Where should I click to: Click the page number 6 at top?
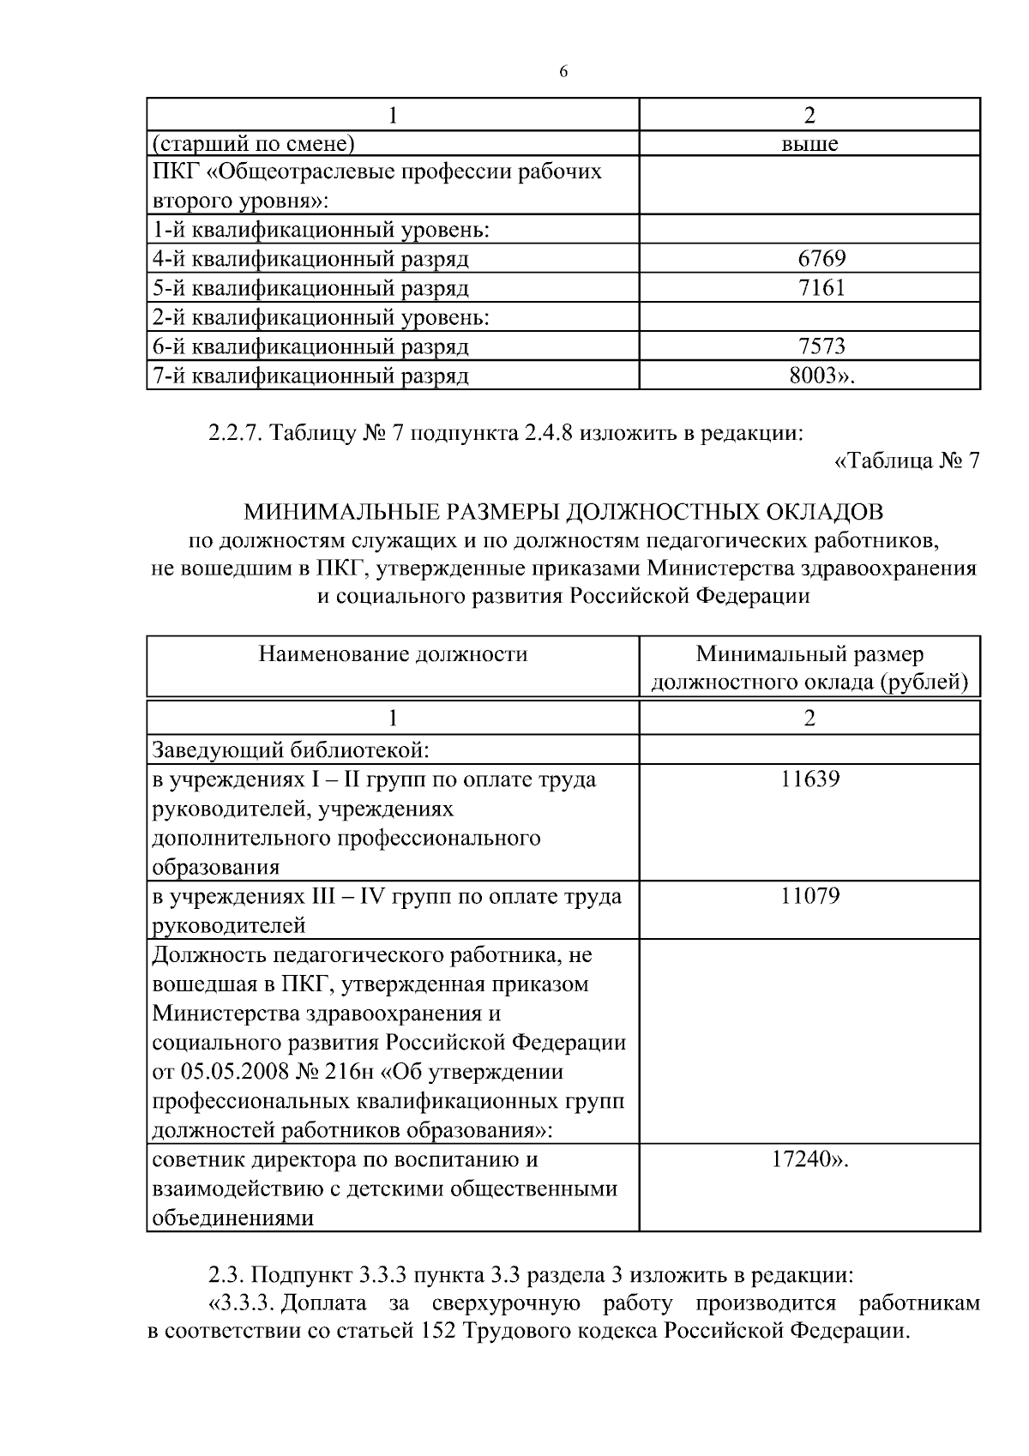point(563,72)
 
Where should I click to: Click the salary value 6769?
point(821,258)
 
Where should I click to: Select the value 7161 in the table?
point(821,287)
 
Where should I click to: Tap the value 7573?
point(821,346)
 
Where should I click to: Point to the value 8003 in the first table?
point(814,376)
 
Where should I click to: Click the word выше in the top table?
point(809,143)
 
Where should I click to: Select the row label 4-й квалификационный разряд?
point(310,258)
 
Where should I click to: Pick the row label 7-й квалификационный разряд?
point(310,376)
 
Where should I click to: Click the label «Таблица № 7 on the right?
point(906,461)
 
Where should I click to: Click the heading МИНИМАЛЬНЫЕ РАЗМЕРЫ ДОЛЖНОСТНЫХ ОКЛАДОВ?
point(563,512)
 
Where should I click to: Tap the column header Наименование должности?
point(393,655)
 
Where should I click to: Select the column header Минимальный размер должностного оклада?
point(809,669)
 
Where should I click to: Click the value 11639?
point(809,779)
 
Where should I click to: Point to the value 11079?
point(809,896)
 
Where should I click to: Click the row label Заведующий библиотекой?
point(290,750)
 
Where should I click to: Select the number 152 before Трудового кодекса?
point(440,1333)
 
